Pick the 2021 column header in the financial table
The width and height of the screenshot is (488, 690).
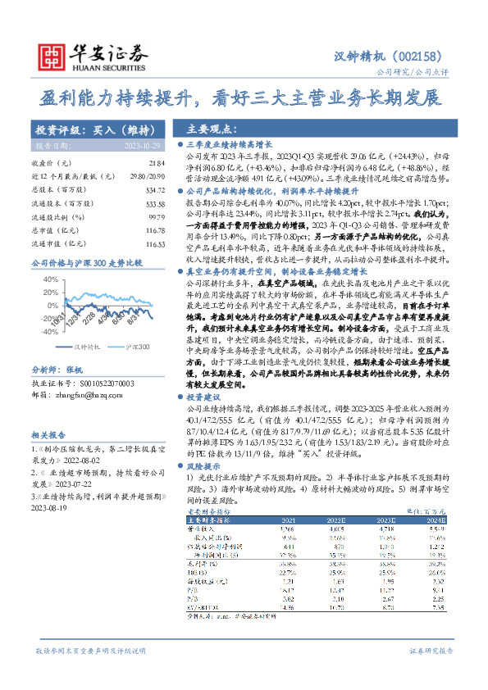[289, 520]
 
